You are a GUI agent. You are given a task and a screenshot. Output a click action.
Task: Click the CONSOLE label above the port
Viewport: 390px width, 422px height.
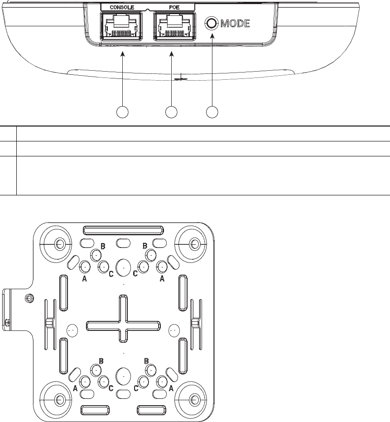[x=120, y=7]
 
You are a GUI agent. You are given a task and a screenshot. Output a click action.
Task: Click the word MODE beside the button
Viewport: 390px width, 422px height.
[x=235, y=24]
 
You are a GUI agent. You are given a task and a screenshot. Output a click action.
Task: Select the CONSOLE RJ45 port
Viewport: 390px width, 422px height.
[x=120, y=26]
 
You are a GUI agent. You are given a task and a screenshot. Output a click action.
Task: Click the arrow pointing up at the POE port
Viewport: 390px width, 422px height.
[x=172, y=77]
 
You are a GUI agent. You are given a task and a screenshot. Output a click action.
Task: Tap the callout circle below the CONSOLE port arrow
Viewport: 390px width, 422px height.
[x=121, y=112]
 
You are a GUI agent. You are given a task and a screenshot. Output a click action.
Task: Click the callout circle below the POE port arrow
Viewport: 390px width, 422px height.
[x=171, y=112]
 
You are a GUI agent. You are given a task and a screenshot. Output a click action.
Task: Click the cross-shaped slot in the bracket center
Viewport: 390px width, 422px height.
[x=123, y=325]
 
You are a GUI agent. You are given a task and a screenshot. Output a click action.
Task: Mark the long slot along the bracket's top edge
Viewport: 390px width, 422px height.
[x=122, y=229]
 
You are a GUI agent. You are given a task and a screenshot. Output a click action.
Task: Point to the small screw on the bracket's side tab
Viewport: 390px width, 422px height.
[x=28, y=298]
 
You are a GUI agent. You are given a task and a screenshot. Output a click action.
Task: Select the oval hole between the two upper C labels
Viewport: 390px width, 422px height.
[x=123, y=267]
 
